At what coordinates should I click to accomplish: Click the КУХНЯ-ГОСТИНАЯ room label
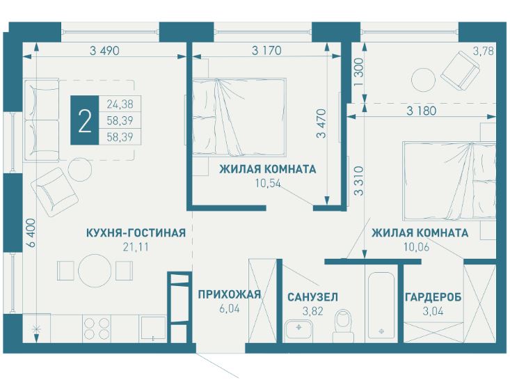[136, 233]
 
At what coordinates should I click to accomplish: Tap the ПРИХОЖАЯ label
[230, 294]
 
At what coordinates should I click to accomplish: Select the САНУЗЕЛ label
[313, 297]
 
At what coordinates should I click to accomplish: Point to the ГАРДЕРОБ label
[433, 297]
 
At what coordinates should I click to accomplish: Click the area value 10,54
[268, 184]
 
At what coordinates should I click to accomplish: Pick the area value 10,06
[417, 247]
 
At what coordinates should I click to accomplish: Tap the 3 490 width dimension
[104, 51]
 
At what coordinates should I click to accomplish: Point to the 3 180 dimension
[421, 111]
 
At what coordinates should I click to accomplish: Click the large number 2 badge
[85, 120]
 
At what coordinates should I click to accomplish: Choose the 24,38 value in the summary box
[120, 104]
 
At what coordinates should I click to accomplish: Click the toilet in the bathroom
[344, 326]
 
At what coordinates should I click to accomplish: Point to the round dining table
[95, 270]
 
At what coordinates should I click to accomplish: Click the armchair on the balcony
[460, 70]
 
